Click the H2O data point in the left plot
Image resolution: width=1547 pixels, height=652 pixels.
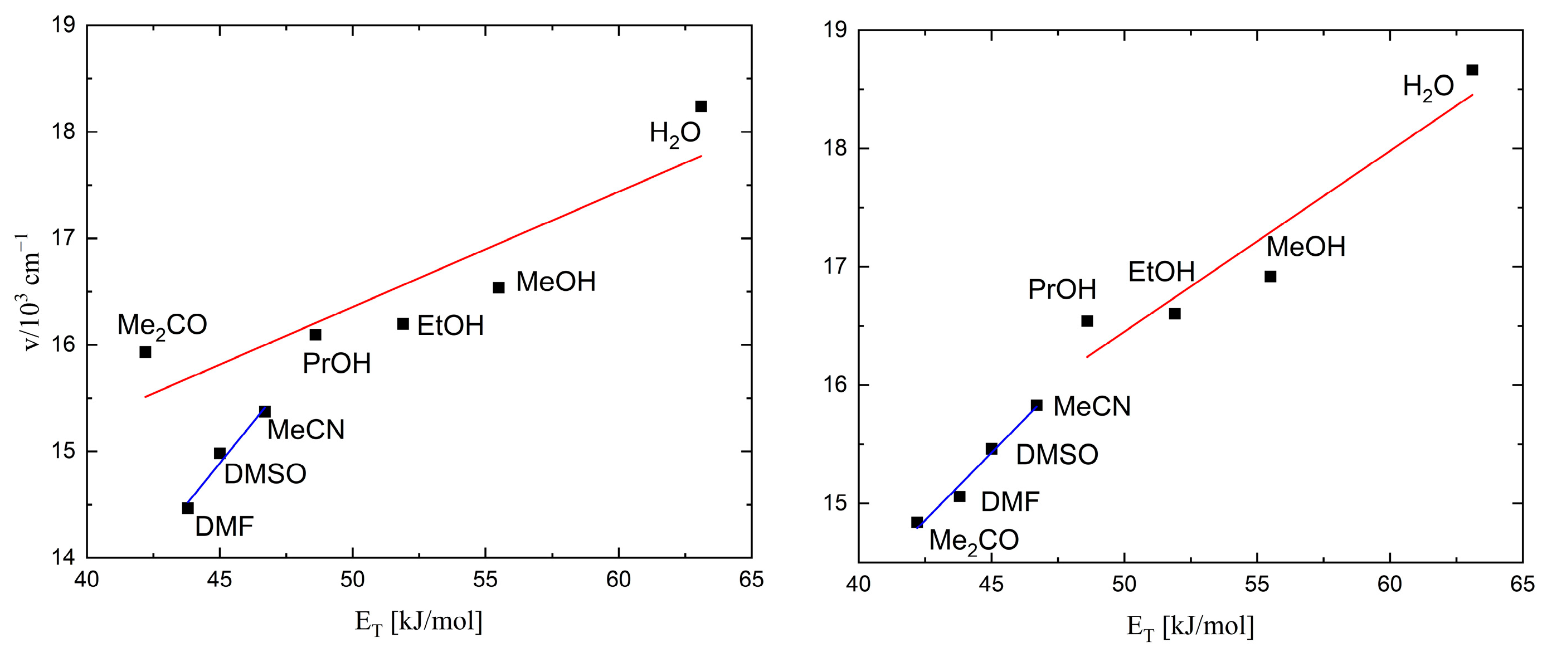[701, 106]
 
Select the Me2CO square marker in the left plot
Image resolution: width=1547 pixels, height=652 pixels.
[145, 352]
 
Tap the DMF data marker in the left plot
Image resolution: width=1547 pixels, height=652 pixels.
[188, 508]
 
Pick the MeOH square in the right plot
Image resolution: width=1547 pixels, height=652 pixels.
[1270, 276]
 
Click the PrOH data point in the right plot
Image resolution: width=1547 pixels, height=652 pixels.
[1087, 321]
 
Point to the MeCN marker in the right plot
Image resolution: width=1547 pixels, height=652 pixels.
[1037, 405]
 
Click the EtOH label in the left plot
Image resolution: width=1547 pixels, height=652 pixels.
[450, 326]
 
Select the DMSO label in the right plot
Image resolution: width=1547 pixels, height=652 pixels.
[1057, 455]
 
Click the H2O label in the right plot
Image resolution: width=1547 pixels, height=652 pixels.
[1428, 87]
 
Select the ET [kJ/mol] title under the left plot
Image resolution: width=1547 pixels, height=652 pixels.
[419, 622]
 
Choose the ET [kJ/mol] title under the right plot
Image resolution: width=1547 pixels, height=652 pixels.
[1190, 627]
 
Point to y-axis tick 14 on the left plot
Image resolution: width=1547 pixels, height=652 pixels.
[64, 558]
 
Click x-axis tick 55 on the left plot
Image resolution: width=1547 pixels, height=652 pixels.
[485, 580]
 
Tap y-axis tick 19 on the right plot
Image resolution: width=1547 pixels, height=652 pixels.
[836, 30]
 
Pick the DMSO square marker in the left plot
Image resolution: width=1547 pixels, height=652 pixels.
[220, 453]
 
